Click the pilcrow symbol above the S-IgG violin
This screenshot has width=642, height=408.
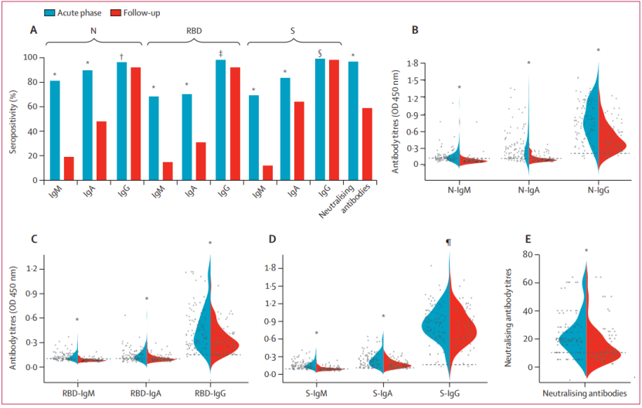point(448,243)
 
